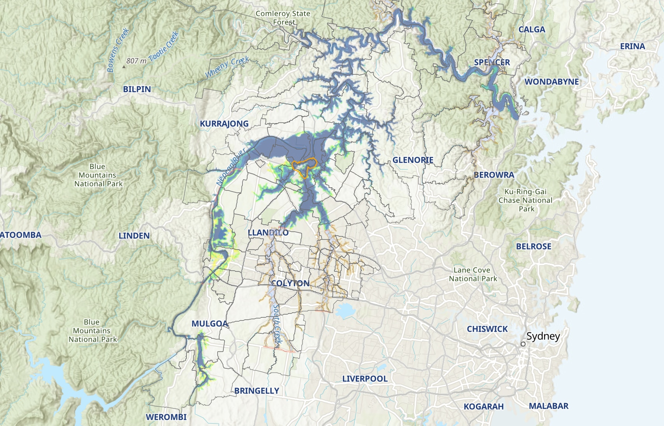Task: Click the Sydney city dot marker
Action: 523,344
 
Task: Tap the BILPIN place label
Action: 137,89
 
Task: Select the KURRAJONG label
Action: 224,124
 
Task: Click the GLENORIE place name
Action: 413,160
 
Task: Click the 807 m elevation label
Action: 136,61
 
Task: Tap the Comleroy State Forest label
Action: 283,18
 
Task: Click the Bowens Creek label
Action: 118,50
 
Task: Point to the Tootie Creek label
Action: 163,46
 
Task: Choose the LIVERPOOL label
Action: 365,379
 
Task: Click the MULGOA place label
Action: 209,324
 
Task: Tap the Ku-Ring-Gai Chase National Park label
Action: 525,200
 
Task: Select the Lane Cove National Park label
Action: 473,274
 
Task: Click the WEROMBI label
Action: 166,417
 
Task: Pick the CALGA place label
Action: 532,30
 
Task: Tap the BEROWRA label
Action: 494,175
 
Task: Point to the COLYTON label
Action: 290,283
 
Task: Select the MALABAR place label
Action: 548,406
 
